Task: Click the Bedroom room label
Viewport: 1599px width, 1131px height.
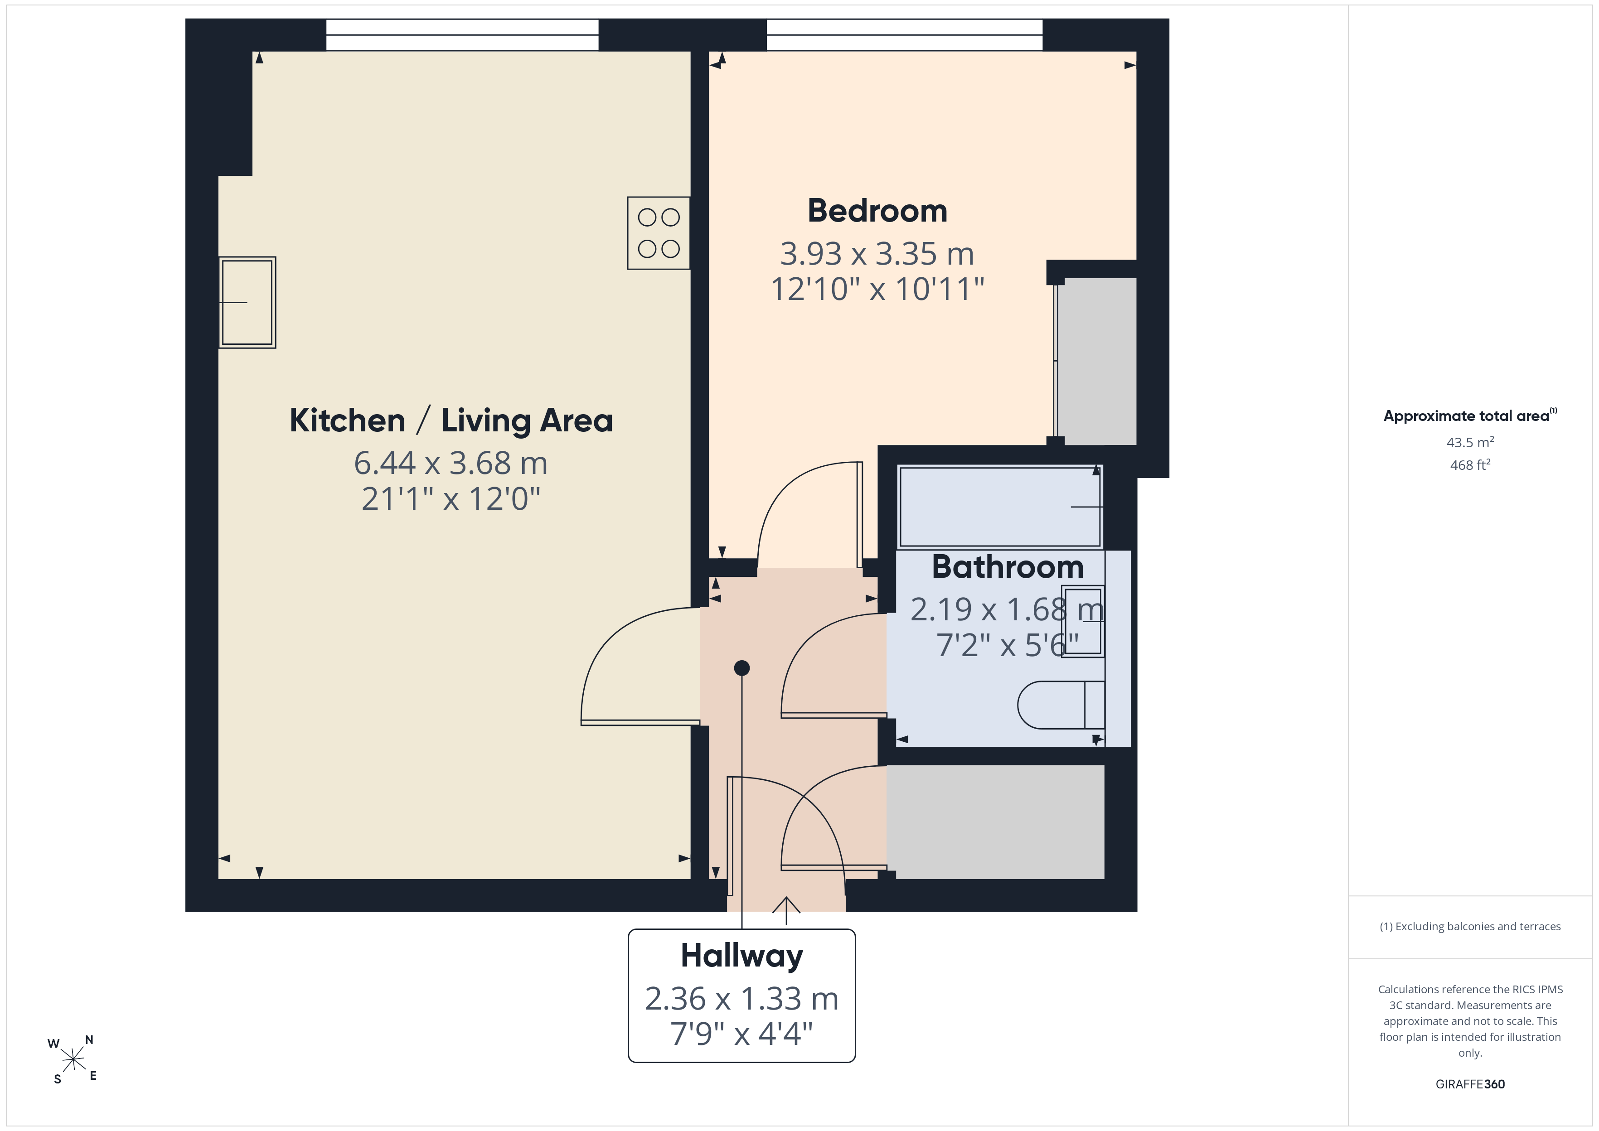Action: point(877,210)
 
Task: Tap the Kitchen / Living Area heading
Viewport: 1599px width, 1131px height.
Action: point(451,420)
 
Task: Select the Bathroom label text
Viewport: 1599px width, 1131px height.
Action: point(1008,566)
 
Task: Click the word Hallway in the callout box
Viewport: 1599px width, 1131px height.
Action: point(741,956)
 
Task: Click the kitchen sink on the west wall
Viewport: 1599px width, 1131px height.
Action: point(247,302)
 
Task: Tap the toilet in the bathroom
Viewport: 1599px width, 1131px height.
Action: point(1061,705)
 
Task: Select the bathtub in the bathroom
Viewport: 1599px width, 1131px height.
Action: point(1000,507)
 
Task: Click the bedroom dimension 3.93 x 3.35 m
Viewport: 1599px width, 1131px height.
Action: point(877,253)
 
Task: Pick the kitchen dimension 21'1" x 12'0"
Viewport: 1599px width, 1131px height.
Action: point(451,498)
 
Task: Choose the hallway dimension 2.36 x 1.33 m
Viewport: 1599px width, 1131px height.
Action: point(741,999)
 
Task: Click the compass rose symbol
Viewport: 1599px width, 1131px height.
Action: point(73,1060)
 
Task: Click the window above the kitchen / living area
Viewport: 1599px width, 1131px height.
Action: point(462,35)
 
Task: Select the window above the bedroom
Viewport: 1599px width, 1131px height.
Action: point(905,35)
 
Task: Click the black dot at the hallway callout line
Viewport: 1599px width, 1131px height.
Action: point(741,668)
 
